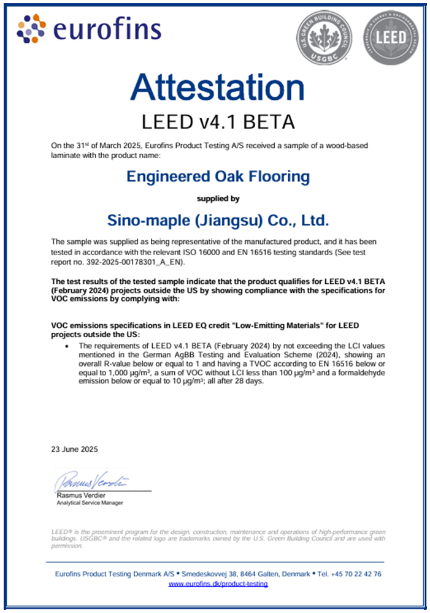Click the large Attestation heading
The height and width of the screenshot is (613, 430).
[217, 87]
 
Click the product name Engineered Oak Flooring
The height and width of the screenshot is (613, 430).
[218, 177]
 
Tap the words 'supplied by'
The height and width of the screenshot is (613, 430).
[218, 198]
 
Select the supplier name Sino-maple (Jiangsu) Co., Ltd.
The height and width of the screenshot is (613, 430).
[218, 219]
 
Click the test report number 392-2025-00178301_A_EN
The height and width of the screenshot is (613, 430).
[122, 262]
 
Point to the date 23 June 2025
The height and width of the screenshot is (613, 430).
[74, 449]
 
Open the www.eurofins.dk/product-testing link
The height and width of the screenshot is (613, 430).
[218, 584]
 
